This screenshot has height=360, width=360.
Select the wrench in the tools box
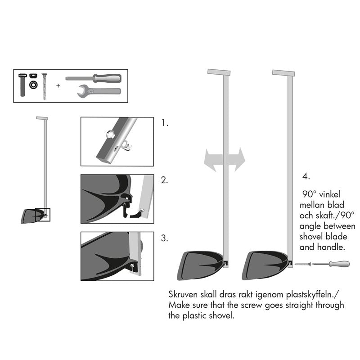99,90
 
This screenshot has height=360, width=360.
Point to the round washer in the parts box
33,85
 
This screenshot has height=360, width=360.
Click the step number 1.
165,122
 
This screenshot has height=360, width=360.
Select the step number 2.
165,180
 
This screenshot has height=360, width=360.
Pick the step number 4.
306,176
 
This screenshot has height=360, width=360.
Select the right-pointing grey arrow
236,158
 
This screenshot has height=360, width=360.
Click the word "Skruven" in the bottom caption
184,295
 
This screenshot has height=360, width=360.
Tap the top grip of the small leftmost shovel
42,118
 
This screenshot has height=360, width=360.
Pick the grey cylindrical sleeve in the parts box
23,85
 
